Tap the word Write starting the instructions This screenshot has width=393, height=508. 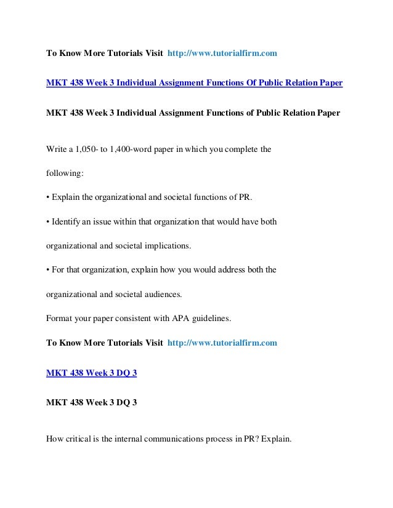pyautogui.click(x=57, y=149)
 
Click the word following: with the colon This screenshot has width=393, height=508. pyautogui.click(x=65, y=173)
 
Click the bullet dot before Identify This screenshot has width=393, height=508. pyautogui.click(x=49, y=221)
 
